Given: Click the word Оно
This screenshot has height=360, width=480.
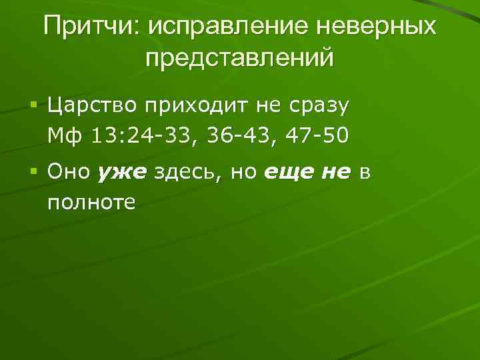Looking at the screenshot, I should (x=69, y=173).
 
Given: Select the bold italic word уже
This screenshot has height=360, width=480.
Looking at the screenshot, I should (x=121, y=173).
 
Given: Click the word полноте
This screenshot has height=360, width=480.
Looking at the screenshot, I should (x=91, y=202).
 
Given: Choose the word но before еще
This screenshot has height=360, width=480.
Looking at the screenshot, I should (x=243, y=173).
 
